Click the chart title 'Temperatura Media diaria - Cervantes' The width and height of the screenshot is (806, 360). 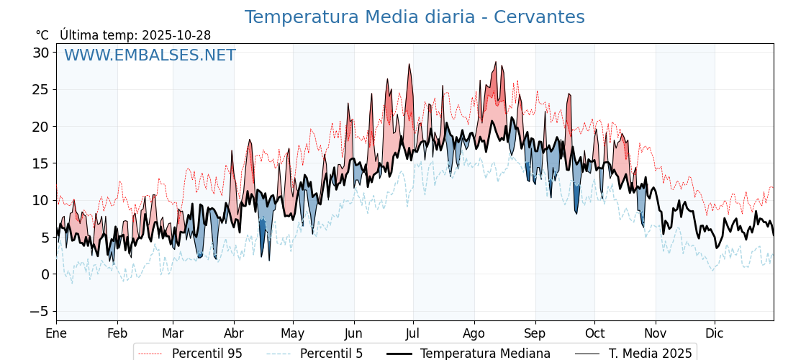click(415, 17)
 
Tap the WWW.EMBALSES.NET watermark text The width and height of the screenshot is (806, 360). click(150, 55)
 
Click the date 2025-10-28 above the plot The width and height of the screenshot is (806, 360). click(176, 35)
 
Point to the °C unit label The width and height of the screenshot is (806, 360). click(42, 35)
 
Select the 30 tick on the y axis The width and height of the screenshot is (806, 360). click(40, 53)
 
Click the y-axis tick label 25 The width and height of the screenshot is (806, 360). click(40, 90)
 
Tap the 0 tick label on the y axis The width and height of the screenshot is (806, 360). click(45, 274)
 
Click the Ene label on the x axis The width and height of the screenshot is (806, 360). click(56, 333)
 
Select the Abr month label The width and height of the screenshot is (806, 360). click(234, 333)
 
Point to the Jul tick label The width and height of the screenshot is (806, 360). click(413, 333)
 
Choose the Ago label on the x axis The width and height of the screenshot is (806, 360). click(474, 333)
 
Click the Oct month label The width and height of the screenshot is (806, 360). click(594, 333)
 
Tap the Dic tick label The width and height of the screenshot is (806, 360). click(715, 333)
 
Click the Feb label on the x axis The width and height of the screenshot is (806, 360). click(117, 333)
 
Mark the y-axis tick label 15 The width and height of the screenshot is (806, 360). click(40, 163)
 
